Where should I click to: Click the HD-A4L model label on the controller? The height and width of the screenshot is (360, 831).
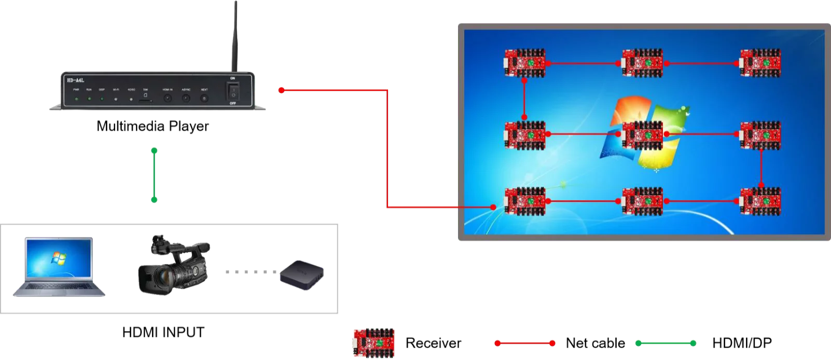pos(76,80)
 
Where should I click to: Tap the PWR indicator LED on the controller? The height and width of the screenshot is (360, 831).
pos(76,98)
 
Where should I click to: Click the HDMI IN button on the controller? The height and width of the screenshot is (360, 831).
pos(168,98)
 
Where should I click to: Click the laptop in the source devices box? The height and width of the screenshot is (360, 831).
pos(60,267)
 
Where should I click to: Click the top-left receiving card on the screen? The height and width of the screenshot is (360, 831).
pos(525,63)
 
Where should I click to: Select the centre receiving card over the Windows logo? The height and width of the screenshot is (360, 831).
pos(642,134)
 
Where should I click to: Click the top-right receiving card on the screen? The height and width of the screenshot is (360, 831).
pos(760,63)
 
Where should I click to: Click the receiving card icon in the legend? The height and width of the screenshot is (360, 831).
pos(375,342)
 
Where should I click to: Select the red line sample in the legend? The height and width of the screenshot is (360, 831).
pos(525,343)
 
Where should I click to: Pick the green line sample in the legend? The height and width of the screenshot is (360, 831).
pos(666,342)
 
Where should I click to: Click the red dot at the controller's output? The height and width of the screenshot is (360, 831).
pos(281,90)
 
